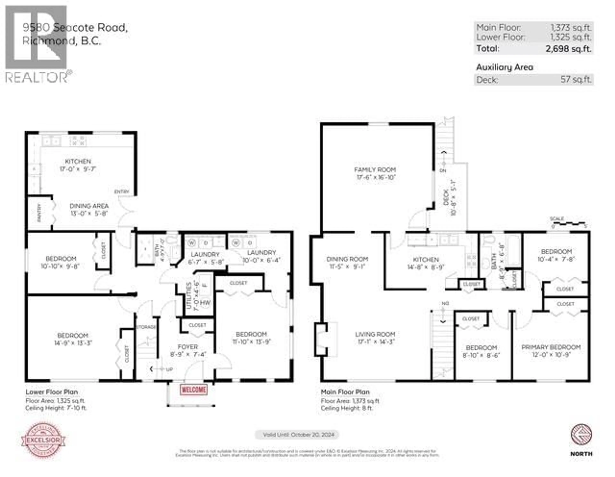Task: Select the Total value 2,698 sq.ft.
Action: pyautogui.click(x=568, y=49)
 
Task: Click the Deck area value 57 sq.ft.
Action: pyautogui.click(x=576, y=79)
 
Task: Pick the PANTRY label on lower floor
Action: pyautogui.click(x=39, y=213)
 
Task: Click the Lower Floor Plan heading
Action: pyautogui.click(x=52, y=392)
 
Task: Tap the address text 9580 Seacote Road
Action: pyautogui.click(x=75, y=28)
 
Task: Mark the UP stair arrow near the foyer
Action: pyautogui.click(x=160, y=369)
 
